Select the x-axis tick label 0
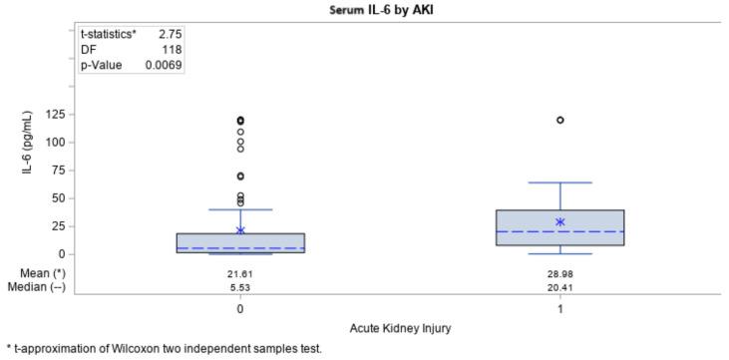240,309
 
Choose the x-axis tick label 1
560,309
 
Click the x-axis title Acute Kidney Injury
401,328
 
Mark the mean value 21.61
240,272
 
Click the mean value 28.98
560,272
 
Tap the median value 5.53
240,286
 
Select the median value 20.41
560,286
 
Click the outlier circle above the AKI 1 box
560,120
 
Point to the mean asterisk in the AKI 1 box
560,222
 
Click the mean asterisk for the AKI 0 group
240,230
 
